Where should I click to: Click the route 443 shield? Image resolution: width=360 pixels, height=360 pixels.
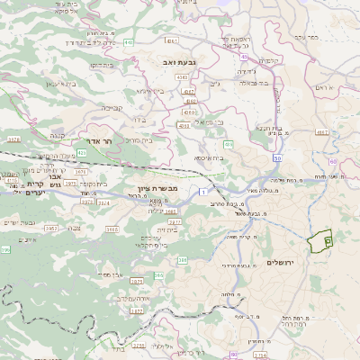[130, 41]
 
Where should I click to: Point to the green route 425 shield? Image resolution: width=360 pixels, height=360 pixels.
[81, 154]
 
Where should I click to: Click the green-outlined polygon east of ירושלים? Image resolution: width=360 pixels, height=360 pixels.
[319, 240]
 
